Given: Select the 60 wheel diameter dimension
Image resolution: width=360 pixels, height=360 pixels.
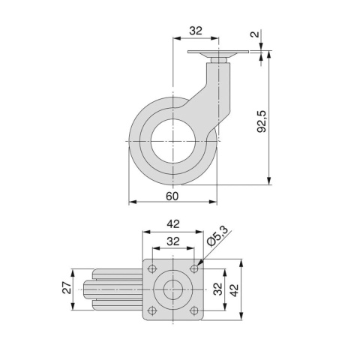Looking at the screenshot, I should click(x=172, y=195).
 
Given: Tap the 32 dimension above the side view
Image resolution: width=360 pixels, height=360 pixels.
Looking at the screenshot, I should click(x=196, y=31).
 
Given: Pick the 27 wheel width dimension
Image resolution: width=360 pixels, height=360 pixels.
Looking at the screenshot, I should click(x=66, y=289).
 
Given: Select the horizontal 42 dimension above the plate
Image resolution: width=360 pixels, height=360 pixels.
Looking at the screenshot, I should click(x=172, y=223).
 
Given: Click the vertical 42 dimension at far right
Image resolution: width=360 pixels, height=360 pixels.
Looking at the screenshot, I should click(x=234, y=289).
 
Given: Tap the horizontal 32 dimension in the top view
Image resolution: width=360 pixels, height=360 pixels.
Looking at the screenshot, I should click(x=172, y=241).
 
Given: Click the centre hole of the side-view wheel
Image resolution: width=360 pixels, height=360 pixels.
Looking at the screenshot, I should click(x=173, y=142).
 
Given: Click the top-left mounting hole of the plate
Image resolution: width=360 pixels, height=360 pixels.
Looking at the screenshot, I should click(x=152, y=268).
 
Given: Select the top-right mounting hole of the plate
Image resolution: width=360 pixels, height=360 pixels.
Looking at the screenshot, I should click(x=194, y=268).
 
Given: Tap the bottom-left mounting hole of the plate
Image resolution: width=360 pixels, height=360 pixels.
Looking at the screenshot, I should click(x=152, y=310).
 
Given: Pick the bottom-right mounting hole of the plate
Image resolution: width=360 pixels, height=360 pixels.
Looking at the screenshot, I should click(x=194, y=310).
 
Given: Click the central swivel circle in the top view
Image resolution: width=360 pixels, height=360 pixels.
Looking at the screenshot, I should click(x=173, y=289).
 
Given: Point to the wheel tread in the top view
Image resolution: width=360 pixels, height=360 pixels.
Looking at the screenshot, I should click(x=112, y=289).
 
